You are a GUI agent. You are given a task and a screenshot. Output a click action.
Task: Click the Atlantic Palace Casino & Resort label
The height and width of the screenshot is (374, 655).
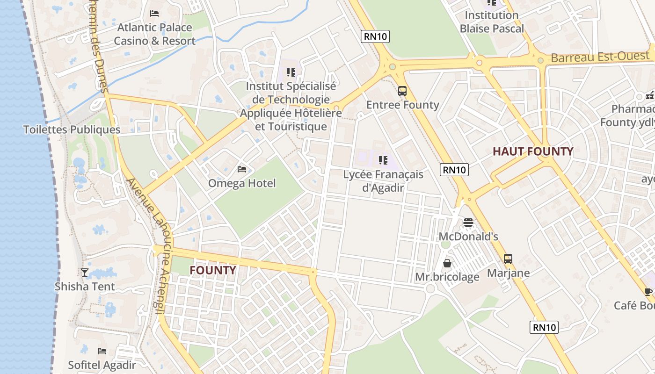tap(154, 34)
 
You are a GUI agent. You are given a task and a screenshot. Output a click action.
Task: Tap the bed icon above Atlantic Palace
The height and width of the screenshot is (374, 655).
tap(154, 14)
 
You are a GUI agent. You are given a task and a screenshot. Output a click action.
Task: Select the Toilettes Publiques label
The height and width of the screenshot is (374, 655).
tap(72, 129)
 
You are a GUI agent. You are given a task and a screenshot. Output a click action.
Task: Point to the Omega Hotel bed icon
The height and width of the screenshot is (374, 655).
tap(242, 169)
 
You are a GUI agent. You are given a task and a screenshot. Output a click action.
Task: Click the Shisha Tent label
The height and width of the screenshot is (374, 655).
tap(85, 286)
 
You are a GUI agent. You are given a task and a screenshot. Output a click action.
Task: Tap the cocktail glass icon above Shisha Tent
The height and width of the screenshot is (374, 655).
tap(85, 273)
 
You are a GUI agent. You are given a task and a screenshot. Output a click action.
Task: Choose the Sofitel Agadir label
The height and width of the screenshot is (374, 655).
tap(102, 365)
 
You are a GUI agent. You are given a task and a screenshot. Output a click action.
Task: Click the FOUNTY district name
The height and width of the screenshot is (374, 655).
tap(212, 270)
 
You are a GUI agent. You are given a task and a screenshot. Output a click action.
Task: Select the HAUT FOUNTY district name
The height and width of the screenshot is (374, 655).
tap(533, 151)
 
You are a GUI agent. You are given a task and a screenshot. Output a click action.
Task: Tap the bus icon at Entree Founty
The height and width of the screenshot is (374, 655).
tap(402, 91)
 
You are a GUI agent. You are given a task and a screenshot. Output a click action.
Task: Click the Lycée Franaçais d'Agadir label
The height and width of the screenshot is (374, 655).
tap(383, 181)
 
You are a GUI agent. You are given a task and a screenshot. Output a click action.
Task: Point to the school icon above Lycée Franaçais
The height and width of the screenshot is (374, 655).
tap(383, 161)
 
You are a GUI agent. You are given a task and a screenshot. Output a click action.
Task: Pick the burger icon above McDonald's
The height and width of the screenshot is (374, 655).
tap(468, 223)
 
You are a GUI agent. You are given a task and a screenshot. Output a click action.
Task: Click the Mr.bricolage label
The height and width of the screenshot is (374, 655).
tap(447, 277)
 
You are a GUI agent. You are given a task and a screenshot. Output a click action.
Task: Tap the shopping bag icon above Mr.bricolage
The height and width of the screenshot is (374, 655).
tap(447, 263)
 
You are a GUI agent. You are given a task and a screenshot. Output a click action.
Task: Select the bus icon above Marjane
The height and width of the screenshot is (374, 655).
tap(508, 259)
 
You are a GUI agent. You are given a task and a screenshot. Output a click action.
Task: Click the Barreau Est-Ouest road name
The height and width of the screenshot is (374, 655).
tap(600, 57)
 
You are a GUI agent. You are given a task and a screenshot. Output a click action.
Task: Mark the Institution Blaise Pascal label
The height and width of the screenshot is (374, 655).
tap(492, 22)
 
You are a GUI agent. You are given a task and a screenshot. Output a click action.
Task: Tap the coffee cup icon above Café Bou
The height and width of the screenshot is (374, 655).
tap(648, 292)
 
